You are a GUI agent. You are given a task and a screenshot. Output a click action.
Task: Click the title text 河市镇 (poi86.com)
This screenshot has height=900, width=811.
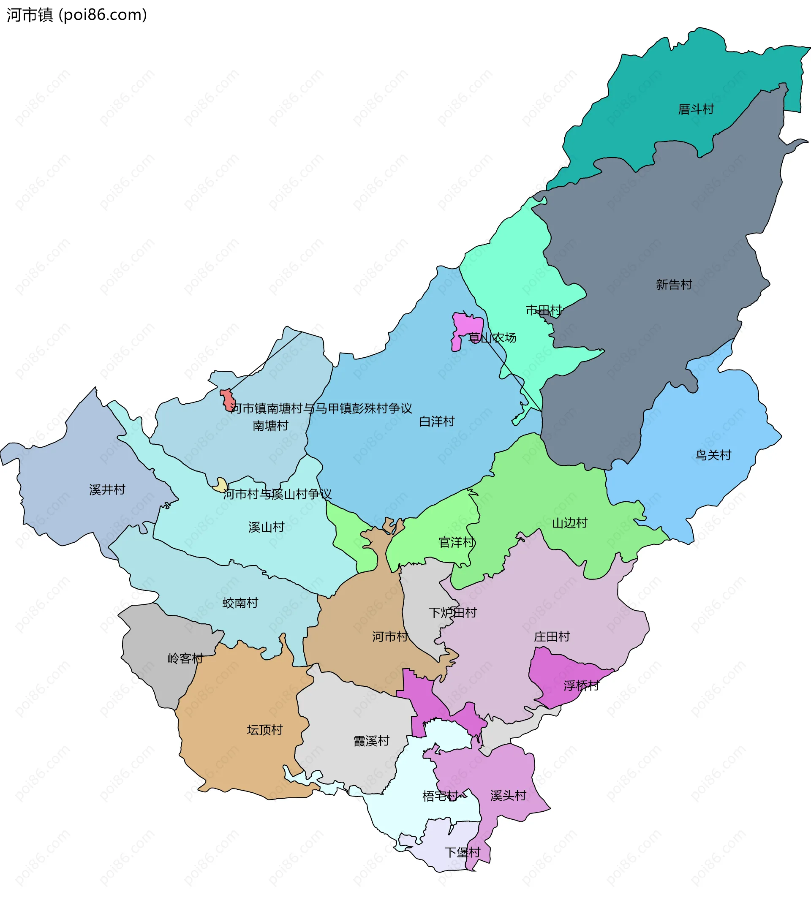tap(76, 15)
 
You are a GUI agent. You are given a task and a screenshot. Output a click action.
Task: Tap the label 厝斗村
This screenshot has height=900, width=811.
tap(696, 109)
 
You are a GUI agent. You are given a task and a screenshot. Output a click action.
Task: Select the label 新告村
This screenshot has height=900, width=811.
tap(674, 284)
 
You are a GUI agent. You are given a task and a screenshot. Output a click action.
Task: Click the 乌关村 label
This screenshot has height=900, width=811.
tap(713, 455)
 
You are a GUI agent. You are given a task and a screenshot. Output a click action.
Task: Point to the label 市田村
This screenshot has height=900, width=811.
tap(543, 310)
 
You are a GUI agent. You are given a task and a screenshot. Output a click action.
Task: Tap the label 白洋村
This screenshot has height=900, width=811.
tap(437, 421)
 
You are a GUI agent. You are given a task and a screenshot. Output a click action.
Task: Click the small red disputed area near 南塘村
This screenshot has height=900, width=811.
tap(228, 400)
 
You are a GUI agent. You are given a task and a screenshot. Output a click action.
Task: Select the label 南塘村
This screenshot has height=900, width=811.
tap(270, 425)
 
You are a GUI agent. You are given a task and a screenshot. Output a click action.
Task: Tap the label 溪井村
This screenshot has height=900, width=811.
tap(107, 489)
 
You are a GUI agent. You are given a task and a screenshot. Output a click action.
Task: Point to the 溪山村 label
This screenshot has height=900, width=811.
tap(267, 527)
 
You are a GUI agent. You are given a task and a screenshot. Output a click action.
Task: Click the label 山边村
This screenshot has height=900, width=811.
tap(570, 522)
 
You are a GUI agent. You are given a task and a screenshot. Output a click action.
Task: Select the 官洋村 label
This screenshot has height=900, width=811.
tap(457, 542)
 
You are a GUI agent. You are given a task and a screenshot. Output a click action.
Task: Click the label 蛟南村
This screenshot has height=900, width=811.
tap(240, 603)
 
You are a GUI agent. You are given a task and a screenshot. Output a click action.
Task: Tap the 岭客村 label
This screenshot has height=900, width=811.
tap(185, 658)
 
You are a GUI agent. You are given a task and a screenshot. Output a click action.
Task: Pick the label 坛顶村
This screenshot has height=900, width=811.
tap(265, 730)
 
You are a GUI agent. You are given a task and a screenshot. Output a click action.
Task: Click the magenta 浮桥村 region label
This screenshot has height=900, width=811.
tap(581, 686)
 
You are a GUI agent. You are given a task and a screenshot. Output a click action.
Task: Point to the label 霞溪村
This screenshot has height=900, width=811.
tap(371, 741)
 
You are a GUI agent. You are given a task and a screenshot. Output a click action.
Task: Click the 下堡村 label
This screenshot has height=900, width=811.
tap(463, 852)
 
